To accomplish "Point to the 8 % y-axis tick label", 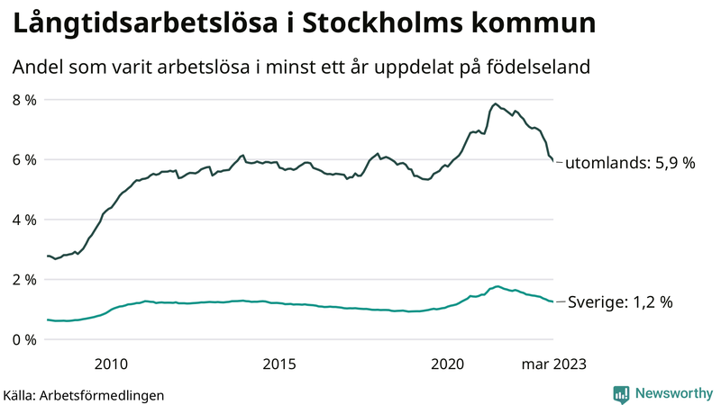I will pos(23,99).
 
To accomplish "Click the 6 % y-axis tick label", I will pos(23,159).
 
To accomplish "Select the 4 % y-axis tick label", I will pos(23,220).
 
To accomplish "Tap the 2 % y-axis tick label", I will pos(23,279).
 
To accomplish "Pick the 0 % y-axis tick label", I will pos(23,339).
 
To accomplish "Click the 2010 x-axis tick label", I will pos(110,364).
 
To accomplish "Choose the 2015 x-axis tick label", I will pos(279,364).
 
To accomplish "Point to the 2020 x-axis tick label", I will pos(448,364).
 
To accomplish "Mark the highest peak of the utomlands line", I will pos(496,103).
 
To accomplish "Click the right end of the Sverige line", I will pos(552,301).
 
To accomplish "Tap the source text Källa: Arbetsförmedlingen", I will pos(84,394).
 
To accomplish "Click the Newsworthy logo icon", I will pos(621,393).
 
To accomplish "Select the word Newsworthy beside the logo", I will pos(672,393).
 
